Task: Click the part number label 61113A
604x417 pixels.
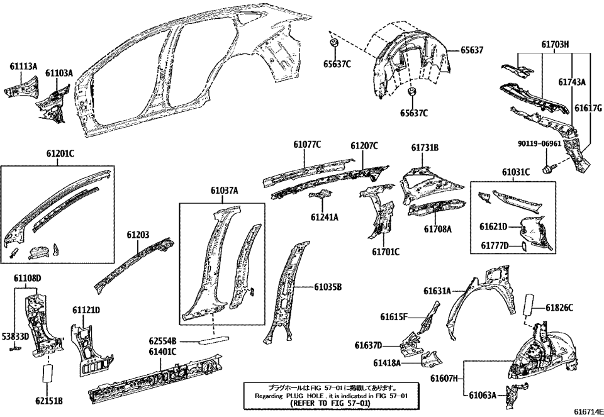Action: tap(23, 65)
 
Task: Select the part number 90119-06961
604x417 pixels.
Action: tap(539, 144)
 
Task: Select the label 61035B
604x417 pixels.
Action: tap(328, 287)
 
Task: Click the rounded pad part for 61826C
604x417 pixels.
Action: tap(527, 306)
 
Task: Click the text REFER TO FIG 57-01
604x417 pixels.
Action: tap(330, 403)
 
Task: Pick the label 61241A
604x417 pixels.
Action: tap(324, 217)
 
